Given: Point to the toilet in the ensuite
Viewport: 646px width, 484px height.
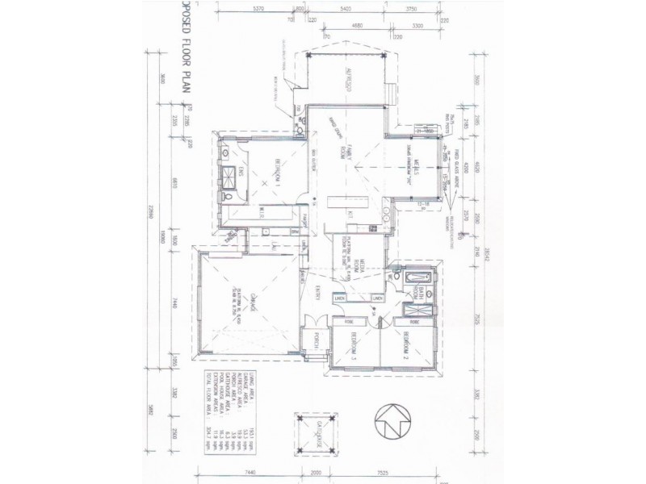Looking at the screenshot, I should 232,197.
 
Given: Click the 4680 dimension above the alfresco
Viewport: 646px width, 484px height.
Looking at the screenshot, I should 358,27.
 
